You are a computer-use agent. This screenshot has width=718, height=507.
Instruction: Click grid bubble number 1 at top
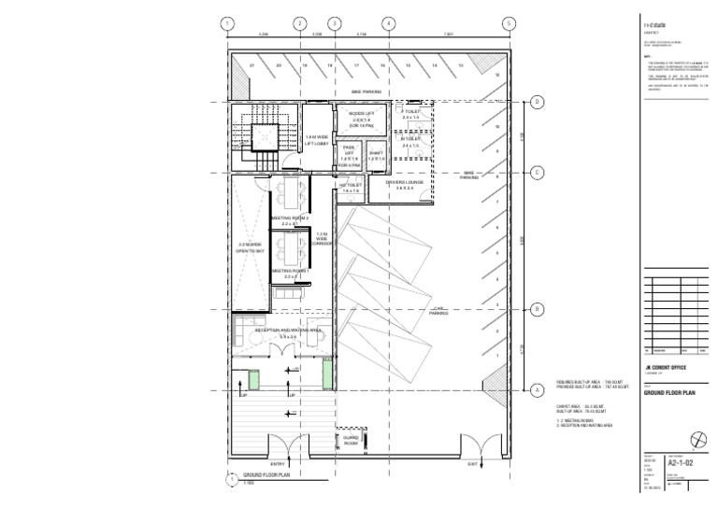coord(226,24)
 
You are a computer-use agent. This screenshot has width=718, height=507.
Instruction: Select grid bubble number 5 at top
coord(509,24)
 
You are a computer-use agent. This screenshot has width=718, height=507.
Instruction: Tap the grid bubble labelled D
coord(538,103)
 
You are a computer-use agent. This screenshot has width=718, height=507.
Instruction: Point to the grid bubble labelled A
coord(538,390)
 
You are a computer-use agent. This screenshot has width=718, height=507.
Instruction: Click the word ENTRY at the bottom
coord(278,463)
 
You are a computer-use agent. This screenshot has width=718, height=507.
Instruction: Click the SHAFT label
coord(376,154)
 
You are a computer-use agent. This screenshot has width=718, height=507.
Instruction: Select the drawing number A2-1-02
coord(682,461)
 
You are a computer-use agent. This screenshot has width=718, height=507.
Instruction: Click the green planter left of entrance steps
coord(254,379)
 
